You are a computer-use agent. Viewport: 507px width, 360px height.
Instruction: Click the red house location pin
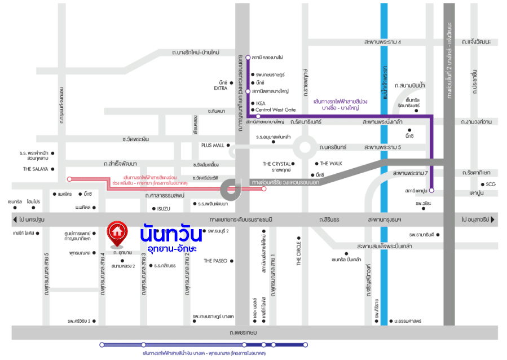117,234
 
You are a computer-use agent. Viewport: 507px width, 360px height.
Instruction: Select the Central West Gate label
276,109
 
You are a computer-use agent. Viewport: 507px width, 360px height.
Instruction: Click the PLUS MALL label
213,145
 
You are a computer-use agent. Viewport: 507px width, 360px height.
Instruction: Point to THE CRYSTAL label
276,164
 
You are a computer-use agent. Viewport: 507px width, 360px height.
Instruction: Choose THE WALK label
332,164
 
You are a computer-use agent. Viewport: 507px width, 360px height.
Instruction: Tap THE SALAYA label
35,169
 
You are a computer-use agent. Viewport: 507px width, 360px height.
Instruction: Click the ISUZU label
164,209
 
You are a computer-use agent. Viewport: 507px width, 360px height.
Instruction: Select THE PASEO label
215,261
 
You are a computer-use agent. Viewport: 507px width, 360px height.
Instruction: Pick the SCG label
490,185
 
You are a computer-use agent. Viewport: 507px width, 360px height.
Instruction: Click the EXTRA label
221,89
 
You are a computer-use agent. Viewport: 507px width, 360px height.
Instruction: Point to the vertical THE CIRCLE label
299,253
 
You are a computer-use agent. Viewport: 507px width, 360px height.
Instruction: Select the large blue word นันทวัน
171,232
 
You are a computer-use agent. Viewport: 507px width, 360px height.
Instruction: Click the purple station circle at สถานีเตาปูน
432,191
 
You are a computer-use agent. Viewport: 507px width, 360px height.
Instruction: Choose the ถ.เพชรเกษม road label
244,333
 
